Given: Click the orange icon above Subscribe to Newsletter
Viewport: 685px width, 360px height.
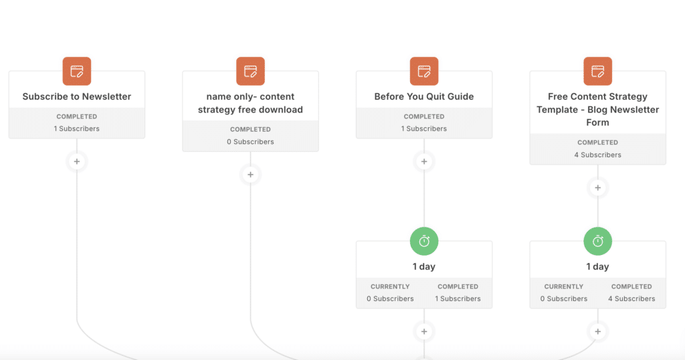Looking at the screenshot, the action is pyautogui.click(x=77, y=71).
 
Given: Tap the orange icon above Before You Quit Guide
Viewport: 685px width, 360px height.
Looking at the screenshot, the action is pyautogui.click(x=424, y=71).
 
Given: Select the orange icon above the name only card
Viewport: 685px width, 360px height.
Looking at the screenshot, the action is pyautogui.click(x=250, y=71).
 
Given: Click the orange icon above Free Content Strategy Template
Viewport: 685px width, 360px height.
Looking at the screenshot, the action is pyautogui.click(x=597, y=71).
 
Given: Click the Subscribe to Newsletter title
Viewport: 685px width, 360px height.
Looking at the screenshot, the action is pyautogui.click(x=77, y=96).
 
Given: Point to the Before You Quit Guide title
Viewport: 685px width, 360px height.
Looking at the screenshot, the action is pyautogui.click(x=424, y=96).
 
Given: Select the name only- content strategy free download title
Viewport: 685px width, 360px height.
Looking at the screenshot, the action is pyautogui.click(x=250, y=103).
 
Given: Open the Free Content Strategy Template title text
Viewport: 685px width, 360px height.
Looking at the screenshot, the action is pyautogui.click(x=597, y=109).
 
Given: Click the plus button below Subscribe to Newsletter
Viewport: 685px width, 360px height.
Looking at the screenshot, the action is pyautogui.click(x=77, y=162).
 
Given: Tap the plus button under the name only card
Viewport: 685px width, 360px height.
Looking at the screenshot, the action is pyautogui.click(x=250, y=175).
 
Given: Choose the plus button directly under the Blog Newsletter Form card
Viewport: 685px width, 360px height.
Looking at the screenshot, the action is pyautogui.click(x=597, y=188).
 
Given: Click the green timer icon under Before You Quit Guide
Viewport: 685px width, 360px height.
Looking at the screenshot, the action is pyautogui.click(x=424, y=241).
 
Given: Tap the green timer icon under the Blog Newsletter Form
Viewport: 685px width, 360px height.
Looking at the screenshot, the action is pyautogui.click(x=597, y=241).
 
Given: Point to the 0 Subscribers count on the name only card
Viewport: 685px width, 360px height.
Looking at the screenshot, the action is pyautogui.click(x=250, y=142).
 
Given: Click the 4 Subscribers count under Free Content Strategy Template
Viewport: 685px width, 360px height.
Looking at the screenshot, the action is pyautogui.click(x=597, y=155).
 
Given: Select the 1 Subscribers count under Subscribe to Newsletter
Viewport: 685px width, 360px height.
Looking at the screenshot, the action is pyautogui.click(x=77, y=129).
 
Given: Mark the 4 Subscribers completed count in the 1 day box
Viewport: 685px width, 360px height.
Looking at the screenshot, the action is pyautogui.click(x=631, y=299).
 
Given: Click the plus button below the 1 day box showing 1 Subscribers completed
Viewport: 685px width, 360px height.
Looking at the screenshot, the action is pyautogui.click(x=424, y=332).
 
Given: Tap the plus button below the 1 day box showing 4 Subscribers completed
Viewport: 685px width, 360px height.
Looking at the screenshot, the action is pyautogui.click(x=597, y=332).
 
